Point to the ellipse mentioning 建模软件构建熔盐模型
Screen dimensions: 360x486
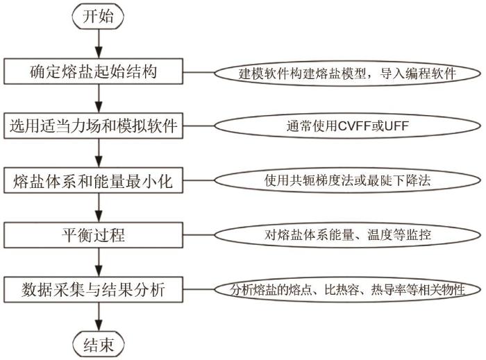[344, 72]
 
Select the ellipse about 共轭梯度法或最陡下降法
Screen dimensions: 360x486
[344, 180]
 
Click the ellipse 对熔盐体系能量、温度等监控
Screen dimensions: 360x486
[344, 234]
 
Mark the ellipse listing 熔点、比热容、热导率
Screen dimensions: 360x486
[344, 289]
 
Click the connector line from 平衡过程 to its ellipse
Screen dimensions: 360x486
[202, 234]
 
